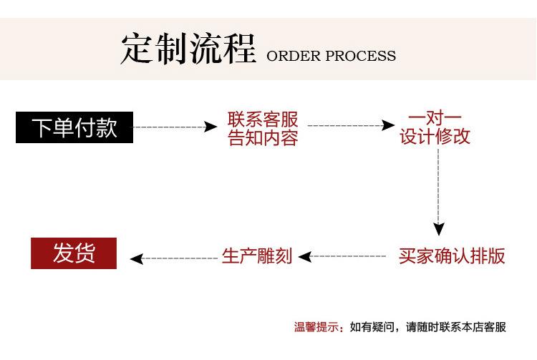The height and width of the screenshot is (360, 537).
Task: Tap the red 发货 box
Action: (74, 253)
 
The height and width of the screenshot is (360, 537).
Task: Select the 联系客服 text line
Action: (263, 119)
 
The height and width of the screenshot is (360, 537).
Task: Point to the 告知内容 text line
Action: (263, 138)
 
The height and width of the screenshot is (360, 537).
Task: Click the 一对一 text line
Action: (435, 117)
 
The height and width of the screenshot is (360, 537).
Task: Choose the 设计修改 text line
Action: (435, 137)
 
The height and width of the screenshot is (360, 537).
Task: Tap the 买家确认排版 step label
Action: (453, 256)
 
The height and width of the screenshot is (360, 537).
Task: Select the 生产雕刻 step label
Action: (257, 256)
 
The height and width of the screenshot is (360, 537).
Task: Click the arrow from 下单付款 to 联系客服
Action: (175, 127)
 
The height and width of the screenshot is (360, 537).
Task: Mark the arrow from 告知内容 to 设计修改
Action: (351, 126)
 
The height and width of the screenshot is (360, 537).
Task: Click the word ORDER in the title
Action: (294, 56)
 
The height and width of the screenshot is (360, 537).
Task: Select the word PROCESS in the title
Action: (361, 56)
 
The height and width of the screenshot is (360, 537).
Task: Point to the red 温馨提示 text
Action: (316, 327)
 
